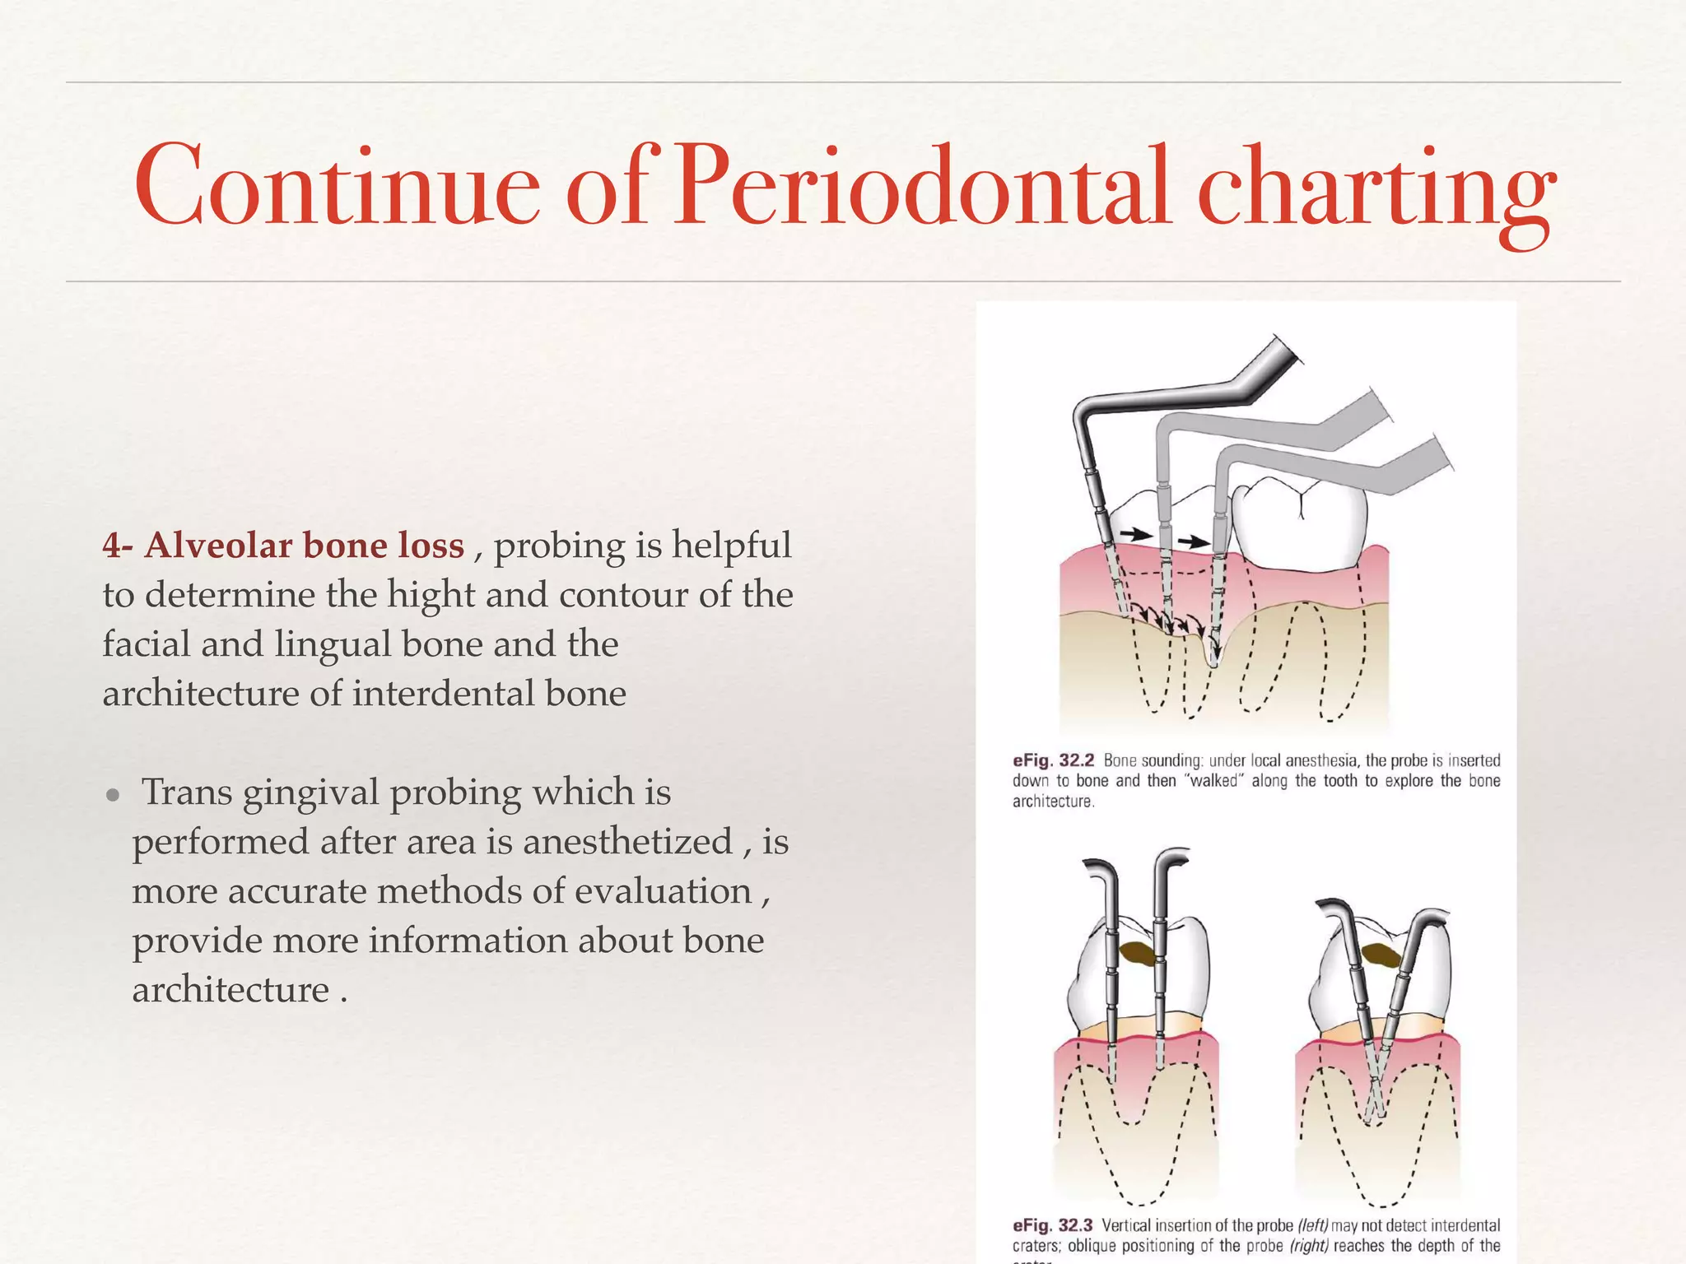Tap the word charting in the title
click(x=1376, y=191)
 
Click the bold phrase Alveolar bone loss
click(x=304, y=546)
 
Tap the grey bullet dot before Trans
click(x=114, y=796)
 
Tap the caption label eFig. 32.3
click(x=1052, y=1225)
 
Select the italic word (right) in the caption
click(x=1309, y=1246)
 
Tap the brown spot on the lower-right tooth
click(x=1381, y=955)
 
